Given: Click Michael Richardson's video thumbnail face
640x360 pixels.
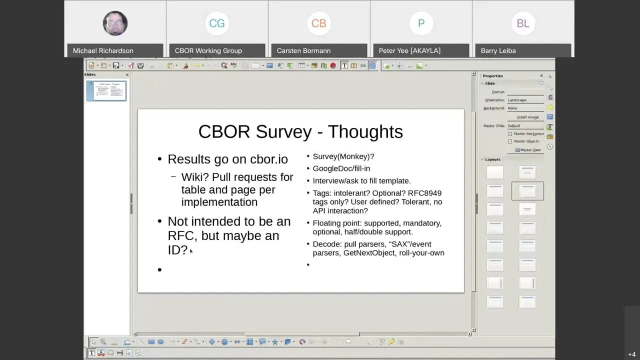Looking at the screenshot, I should tap(115, 23).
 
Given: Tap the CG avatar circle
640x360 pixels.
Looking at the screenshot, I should tap(217, 23).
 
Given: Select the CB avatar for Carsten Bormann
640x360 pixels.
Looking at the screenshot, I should tap(318, 23).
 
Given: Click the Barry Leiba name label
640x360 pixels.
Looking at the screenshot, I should tap(498, 50).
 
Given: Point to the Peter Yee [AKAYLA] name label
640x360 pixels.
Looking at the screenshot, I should tap(409, 50).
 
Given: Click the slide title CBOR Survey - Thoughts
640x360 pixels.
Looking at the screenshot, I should tap(300, 131).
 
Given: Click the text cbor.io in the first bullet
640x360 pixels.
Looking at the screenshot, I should tap(269, 159).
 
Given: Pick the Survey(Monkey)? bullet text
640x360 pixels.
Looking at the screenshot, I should tap(343, 156).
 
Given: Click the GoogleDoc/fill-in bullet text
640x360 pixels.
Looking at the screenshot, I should tap(341, 168).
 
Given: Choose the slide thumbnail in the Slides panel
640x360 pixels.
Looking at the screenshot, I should tap(106, 91).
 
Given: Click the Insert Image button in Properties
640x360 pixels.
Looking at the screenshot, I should tap(527, 117).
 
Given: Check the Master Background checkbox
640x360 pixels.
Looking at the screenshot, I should tap(510, 134).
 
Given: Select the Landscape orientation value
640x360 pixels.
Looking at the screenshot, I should tap(517, 100).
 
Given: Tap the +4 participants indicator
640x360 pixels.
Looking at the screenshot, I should tap(632, 354).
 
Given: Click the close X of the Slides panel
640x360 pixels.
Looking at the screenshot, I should tap(127, 75).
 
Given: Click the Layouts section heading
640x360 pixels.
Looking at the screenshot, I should tap(492, 159).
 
